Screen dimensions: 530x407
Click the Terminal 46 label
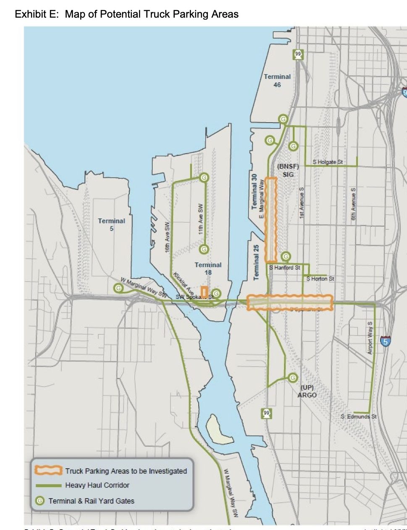277,81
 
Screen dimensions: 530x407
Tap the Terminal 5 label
111,224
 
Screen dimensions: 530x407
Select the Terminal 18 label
208,268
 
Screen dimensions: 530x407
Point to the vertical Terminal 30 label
254,192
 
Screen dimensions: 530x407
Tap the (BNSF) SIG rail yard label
288,170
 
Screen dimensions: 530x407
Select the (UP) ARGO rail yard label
307,391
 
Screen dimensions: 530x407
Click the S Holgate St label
328,162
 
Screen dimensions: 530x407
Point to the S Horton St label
320,278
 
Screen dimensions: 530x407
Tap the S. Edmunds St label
359,417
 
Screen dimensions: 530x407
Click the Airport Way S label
370,338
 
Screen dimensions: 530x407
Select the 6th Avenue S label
354,204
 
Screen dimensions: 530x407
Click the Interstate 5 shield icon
385,341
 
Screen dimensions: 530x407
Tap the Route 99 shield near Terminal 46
298,54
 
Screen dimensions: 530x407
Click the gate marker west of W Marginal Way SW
118,288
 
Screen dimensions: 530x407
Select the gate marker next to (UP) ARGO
293,378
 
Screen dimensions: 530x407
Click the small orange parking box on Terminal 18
205,291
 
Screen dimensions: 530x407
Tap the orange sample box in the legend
48,470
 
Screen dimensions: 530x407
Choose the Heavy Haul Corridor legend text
97,485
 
